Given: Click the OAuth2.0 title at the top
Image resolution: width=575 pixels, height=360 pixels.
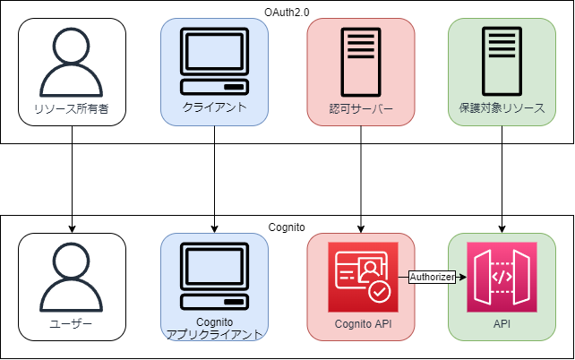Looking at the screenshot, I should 287,9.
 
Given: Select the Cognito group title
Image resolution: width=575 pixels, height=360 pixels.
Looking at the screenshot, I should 287,224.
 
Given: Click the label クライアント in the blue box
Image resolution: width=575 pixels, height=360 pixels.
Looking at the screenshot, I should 215,107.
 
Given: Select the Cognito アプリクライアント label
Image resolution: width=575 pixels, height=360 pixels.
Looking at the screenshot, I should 215,328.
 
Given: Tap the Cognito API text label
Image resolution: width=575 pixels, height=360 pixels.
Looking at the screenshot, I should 360,324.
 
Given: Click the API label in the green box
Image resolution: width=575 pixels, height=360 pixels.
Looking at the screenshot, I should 502,324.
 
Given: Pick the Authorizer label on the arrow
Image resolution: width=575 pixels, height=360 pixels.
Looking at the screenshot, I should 432,277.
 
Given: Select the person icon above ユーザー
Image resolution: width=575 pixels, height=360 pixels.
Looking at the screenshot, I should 72,278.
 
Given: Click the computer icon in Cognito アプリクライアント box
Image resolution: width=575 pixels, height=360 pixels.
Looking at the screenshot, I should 215,276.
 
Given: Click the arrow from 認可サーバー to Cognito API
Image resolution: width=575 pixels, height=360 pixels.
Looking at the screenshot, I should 360,179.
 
